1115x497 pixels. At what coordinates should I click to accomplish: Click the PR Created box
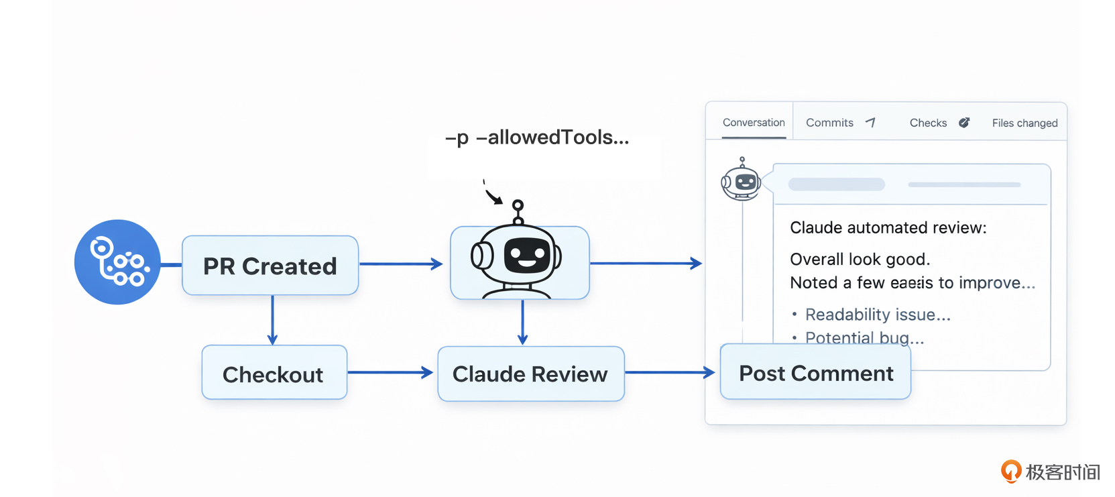[x=270, y=266]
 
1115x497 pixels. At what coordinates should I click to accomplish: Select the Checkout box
[x=274, y=373]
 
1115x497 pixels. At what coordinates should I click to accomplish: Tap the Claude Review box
[x=530, y=374]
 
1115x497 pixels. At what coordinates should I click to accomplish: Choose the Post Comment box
[x=815, y=373]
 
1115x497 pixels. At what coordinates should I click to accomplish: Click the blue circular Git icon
[x=117, y=262]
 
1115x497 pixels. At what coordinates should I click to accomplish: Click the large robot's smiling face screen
[x=527, y=257]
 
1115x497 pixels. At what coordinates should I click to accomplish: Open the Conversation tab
[x=754, y=123]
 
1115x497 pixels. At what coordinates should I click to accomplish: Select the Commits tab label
[x=829, y=123]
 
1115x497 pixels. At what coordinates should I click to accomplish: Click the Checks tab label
[x=928, y=123]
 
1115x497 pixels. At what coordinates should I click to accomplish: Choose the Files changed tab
[x=1024, y=123]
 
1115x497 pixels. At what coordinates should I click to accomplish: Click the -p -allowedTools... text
[x=537, y=137]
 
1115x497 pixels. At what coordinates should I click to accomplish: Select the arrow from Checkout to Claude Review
[x=390, y=372]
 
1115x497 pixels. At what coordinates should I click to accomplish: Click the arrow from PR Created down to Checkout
[x=272, y=320]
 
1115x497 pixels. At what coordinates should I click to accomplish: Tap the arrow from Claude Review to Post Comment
[x=670, y=372]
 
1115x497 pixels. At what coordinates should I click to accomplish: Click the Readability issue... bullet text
[x=878, y=315]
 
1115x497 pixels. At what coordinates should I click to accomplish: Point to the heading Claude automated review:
[x=888, y=228]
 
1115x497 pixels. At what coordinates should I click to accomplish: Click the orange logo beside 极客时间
[x=1010, y=471]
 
